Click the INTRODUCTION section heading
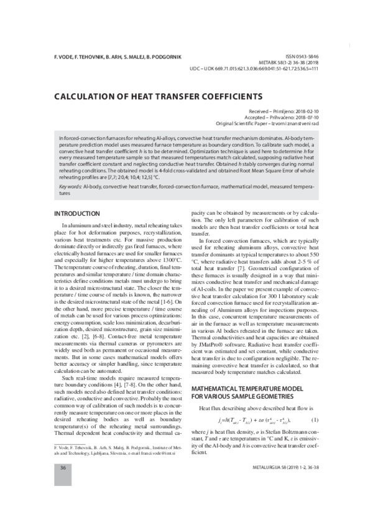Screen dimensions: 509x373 77,213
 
